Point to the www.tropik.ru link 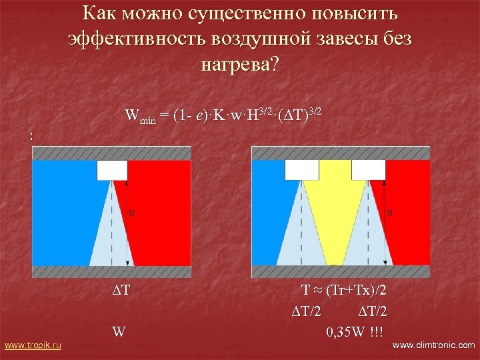(33, 345)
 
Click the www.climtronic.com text (435, 345)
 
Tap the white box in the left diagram (112, 171)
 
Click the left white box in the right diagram (301, 170)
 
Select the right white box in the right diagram (368, 170)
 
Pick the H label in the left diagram (132, 213)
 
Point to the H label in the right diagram (389, 213)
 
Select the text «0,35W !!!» (355, 331)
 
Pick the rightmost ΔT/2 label (373, 311)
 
